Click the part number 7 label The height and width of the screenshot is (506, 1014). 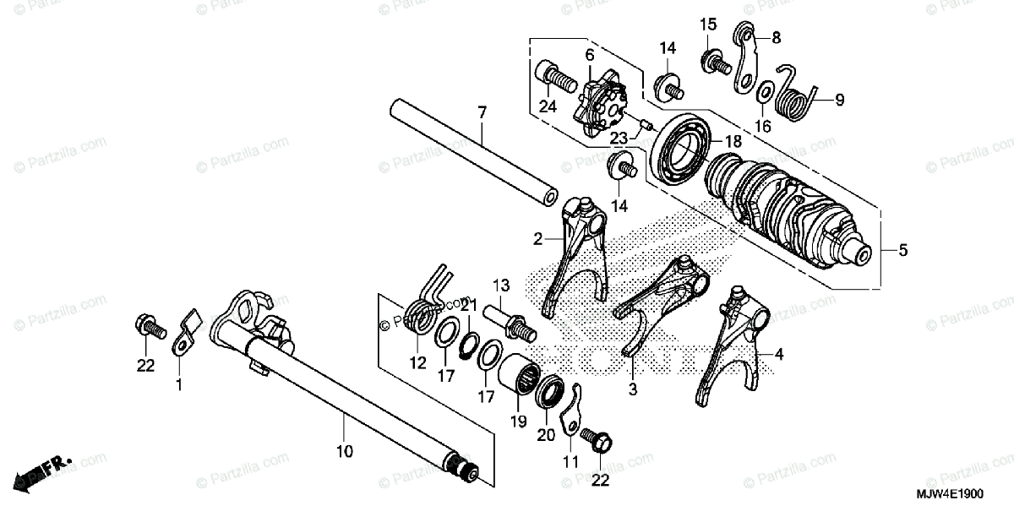[482, 113]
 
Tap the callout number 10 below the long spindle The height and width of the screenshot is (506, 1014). [343, 452]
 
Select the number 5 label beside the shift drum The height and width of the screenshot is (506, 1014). [902, 250]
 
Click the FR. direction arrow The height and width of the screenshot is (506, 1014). [42, 474]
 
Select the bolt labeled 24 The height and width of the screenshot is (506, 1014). [553, 80]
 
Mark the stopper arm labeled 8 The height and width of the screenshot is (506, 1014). [745, 59]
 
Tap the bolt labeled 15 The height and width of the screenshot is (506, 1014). [715, 61]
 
